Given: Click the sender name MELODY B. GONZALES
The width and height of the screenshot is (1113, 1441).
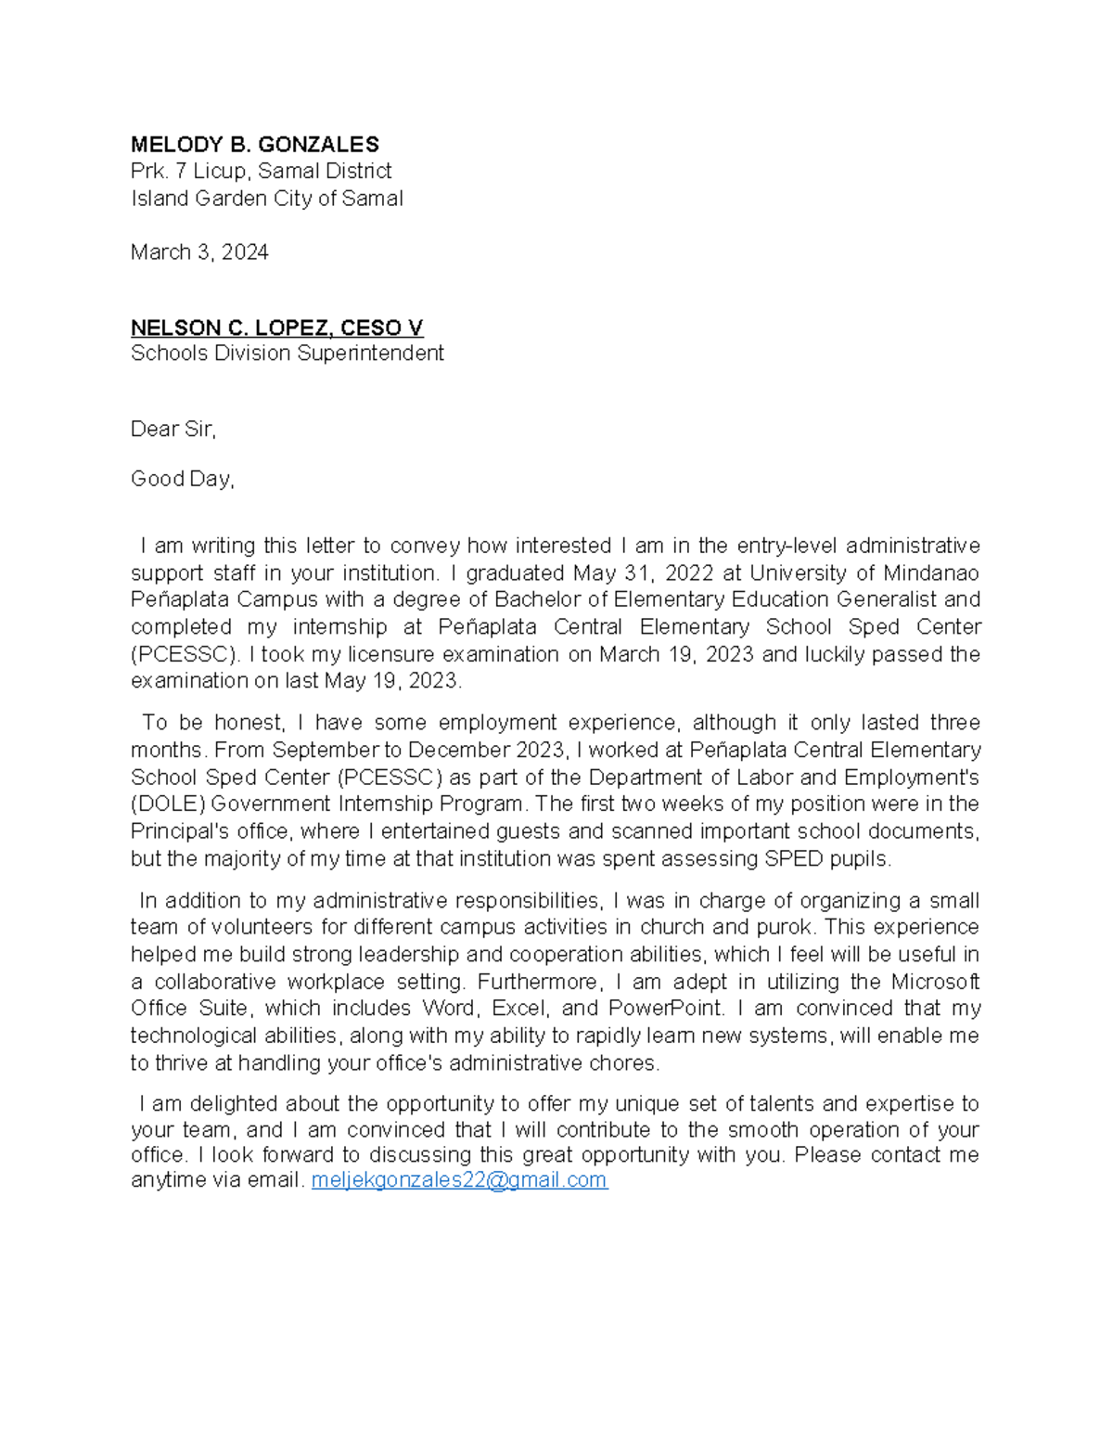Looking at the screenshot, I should (x=254, y=145).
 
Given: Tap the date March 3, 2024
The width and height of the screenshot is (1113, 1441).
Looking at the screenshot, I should (x=199, y=252).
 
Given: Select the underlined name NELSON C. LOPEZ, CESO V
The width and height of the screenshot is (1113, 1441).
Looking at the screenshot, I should (x=276, y=328).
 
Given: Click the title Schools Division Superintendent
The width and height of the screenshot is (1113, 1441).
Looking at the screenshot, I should (x=287, y=354).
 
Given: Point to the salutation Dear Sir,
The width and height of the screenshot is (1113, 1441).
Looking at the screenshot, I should (x=173, y=429).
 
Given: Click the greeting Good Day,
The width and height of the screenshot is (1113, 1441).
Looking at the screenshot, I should (x=182, y=479).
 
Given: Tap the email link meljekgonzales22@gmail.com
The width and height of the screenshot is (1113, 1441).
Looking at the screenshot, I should (x=459, y=1180).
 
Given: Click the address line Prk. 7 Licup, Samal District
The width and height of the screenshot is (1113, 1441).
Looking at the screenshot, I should (x=261, y=172).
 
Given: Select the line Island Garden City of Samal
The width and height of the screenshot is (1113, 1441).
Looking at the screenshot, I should (x=266, y=199).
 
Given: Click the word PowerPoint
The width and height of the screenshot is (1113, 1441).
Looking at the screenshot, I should (x=666, y=1009).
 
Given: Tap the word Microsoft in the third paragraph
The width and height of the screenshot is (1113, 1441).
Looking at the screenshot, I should (x=935, y=982).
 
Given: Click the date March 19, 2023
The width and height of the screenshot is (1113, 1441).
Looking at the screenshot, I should (x=676, y=654).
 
